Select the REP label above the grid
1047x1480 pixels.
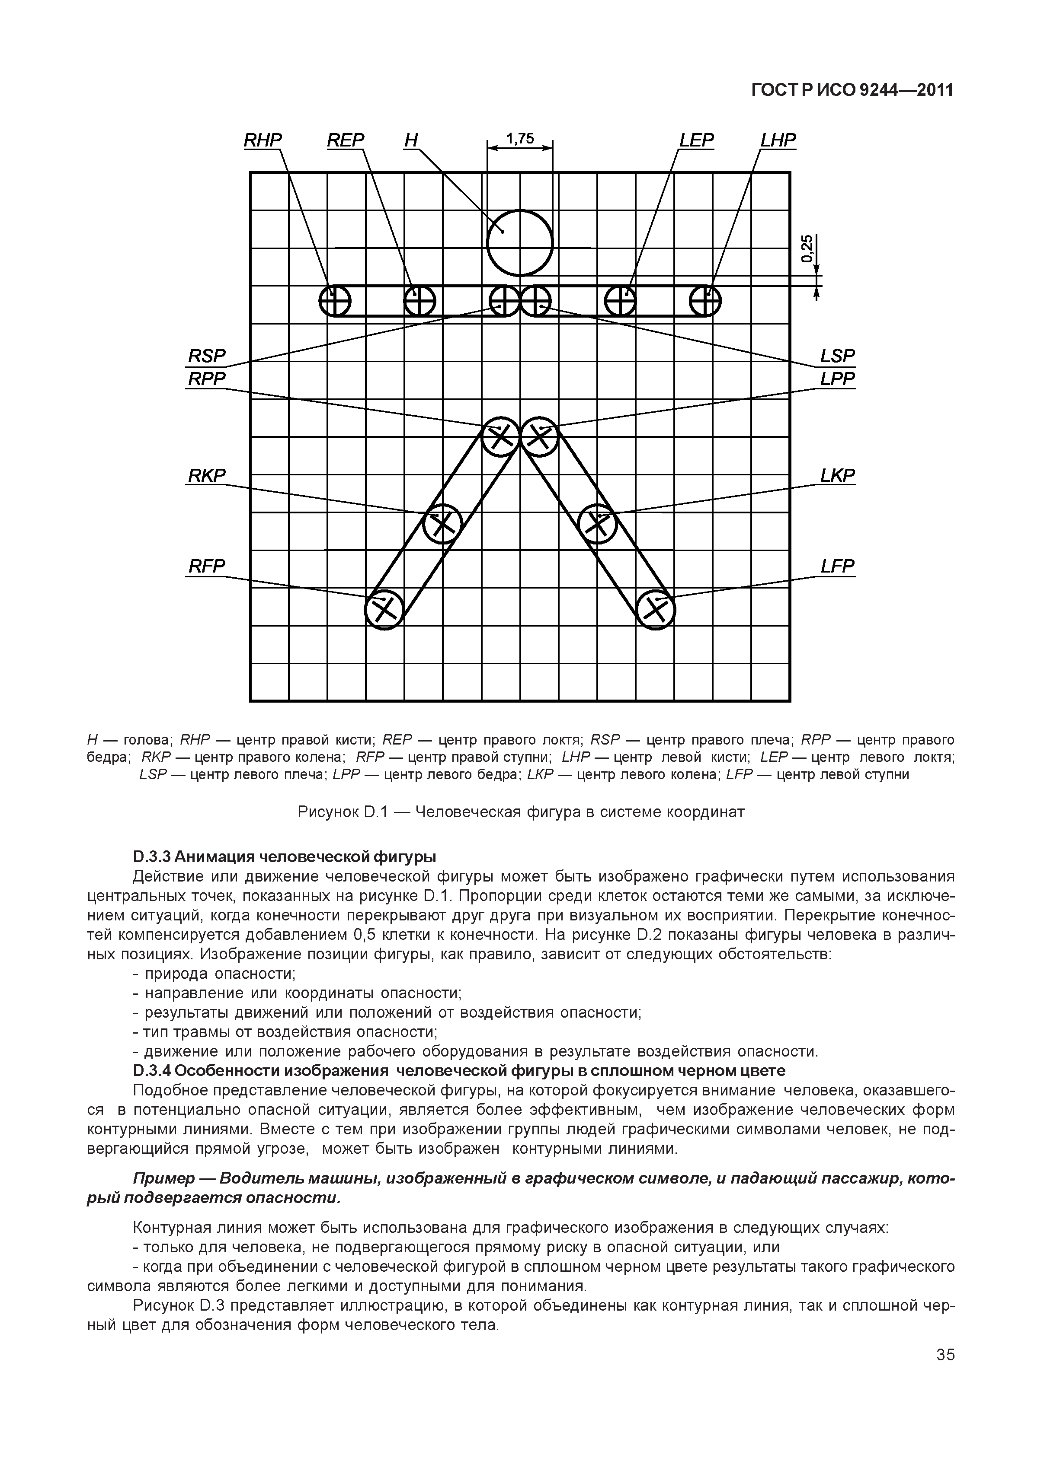[345, 140]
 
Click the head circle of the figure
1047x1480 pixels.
[520, 243]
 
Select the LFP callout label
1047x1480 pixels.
[837, 567]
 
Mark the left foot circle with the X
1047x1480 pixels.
[656, 609]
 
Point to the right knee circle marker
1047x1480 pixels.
[442, 523]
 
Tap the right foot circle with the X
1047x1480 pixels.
[384, 609]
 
